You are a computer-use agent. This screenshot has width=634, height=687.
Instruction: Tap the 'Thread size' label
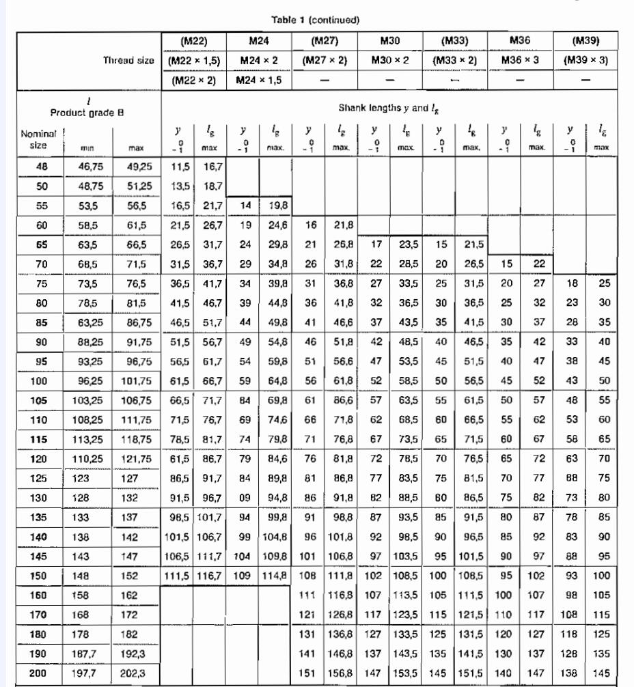128,60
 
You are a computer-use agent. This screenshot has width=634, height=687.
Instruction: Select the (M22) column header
193,40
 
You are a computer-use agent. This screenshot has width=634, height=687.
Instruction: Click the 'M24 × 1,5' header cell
258,79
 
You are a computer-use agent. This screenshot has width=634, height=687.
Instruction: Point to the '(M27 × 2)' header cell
324,60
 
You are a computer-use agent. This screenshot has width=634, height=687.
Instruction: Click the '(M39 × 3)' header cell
585,60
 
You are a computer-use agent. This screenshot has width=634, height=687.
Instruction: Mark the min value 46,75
89,166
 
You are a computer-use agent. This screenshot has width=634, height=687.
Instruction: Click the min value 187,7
89,654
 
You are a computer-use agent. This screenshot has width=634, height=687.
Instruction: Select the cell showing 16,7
209,166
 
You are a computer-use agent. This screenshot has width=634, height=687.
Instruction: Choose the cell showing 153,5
406,673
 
